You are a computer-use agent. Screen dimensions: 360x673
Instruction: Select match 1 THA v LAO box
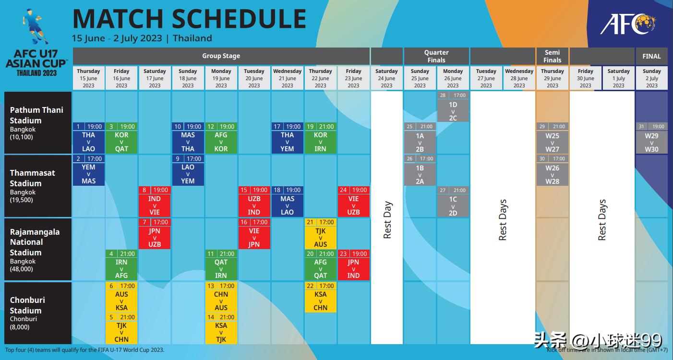pos(88,138)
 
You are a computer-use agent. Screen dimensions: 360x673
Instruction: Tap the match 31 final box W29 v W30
pos(651,138)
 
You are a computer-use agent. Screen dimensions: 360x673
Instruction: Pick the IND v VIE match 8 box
pos(155,202)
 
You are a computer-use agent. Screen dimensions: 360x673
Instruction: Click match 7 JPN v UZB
pos(155,234)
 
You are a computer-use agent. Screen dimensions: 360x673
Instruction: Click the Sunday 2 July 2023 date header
pos(651,78)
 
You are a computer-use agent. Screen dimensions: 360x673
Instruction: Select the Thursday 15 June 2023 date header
pos(88,78)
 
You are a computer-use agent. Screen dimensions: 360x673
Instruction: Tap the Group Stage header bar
pos(221,56)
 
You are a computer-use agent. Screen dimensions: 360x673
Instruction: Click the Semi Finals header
pos(552,56)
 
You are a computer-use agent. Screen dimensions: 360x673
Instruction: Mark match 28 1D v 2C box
pos(453,107)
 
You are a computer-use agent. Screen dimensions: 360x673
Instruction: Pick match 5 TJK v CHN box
pos(121,328)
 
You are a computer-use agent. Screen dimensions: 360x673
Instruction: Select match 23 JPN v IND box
pos(353,265)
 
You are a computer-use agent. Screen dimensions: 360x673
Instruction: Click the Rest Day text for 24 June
pos(387,220)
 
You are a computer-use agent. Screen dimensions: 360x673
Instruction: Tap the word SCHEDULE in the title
pos(239,19)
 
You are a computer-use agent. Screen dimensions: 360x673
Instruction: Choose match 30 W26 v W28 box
pos(552,170)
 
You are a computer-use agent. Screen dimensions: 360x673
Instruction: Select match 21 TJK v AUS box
pos(320,234)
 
